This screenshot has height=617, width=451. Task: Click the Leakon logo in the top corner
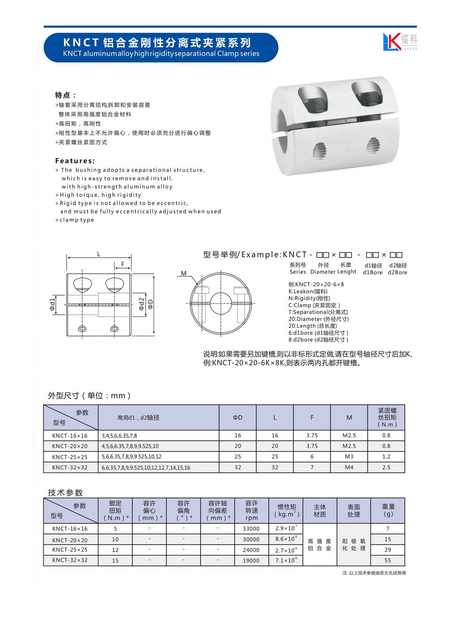(399, 41)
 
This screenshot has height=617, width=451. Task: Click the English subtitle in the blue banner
(161, 54)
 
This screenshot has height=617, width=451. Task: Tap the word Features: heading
(75, 161)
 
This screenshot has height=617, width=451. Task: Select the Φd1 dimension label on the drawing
(53, 304)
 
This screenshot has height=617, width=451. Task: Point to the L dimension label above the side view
(99, 254)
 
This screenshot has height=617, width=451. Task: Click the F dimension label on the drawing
(123, 264)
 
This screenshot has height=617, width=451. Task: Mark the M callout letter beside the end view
(184, 273)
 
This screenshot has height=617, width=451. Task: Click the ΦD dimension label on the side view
(150, 304)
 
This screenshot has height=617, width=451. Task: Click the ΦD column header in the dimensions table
(238, 417)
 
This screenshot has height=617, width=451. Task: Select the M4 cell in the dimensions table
(349, 467)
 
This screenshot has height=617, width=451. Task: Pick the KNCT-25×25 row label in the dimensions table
(70, 457)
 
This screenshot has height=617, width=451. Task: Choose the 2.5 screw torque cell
(386, 467)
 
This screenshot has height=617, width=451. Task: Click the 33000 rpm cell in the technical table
(251, 529)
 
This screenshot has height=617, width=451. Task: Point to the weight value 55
(388, 560)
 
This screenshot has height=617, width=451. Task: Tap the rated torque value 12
(115, 550)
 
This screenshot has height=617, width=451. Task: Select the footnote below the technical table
(374, 573)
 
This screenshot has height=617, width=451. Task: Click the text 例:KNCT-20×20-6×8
(316, 285)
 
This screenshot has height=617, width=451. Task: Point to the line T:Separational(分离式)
(318, 312)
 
